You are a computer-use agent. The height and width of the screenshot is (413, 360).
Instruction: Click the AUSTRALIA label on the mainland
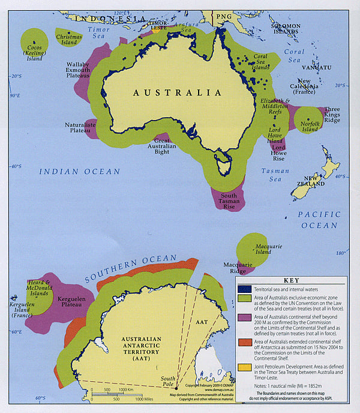pos(176,93)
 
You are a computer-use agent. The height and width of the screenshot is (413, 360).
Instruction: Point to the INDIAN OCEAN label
pos(79,172)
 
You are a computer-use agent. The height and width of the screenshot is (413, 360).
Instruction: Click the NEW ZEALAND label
pos(314,181)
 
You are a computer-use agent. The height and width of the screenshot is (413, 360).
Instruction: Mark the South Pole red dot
pos(175,388)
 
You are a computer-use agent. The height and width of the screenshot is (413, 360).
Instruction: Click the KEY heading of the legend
pos(290,280)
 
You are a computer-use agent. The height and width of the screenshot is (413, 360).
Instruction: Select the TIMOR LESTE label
pos(159,24)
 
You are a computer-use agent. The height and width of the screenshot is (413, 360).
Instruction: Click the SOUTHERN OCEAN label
pos(131,268)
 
